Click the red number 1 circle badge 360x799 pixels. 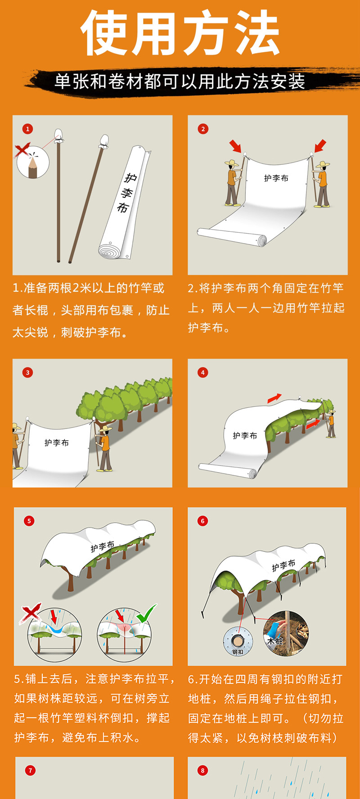click(x=27, y=129)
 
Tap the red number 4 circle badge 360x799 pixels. click(x=203, y=372)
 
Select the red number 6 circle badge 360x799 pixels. click(x=202, y=521)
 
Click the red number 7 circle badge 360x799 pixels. click(x=30, y=770)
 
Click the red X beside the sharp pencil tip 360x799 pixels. click(x=22, y=149)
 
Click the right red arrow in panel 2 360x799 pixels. click(x=320, y=146)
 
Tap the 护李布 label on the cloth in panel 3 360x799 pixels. click(x=56, y=443)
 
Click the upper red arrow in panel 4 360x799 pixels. click(x=274, y=398)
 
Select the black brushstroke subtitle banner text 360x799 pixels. click(x=180, y=81)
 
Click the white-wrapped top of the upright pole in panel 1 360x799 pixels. click(x=58, y=135)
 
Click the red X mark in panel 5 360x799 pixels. click(x=31, y=613)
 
